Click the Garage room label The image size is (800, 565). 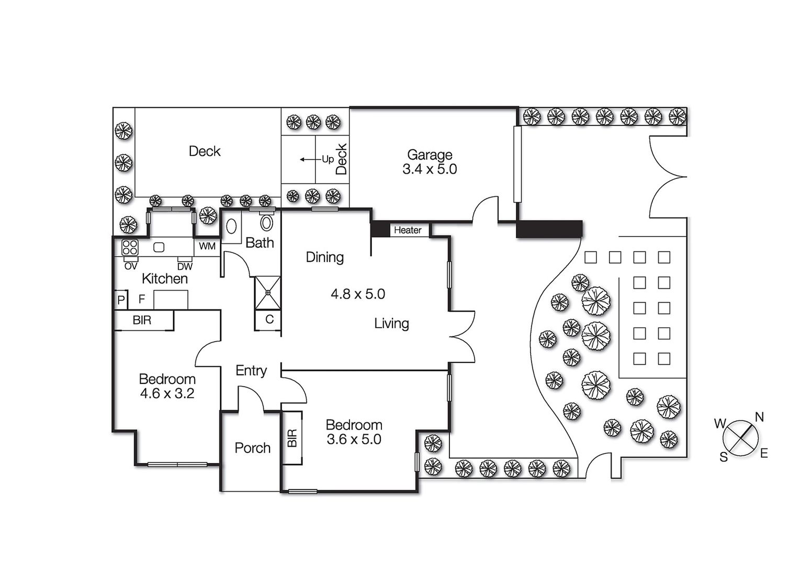pyautogui.click(x=430, y=155)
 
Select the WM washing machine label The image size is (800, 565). pyautogui.click(x=207, y=246)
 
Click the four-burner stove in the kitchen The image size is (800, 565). pyautogui.click(x=130, y=247)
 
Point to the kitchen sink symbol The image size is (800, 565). pyautogui.click(x=159, y=247)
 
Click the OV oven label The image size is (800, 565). pyautogui.click(x=131, y=266)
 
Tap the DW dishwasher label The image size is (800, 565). pyautogui.click(x=185, y=266)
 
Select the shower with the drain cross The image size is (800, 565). pyautogui.click(x=267, y=292)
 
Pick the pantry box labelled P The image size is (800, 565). pyautogui.click(x=121, y=300)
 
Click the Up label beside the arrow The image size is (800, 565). pyautogui.click(x=328, y=159)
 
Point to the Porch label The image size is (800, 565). pyautogui.click(x=253, y=448)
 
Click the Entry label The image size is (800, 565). pyautogui.click(x=251, y=371)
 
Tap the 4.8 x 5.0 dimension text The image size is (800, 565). pyautogui.click(x=358, y=294)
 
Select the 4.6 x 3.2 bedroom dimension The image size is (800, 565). pyautogui.click(x=167, y=393)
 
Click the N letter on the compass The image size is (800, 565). pyautogui.click(x=759, y=417)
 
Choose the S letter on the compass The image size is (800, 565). pyautogui.click(x=724, y=457)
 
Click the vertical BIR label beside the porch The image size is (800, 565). pyautogui.click(x=292, y=438)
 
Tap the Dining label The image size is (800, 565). pyautogui.click(x=324, y=257)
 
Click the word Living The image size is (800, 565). pyautogui.click(x=391, y=324)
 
